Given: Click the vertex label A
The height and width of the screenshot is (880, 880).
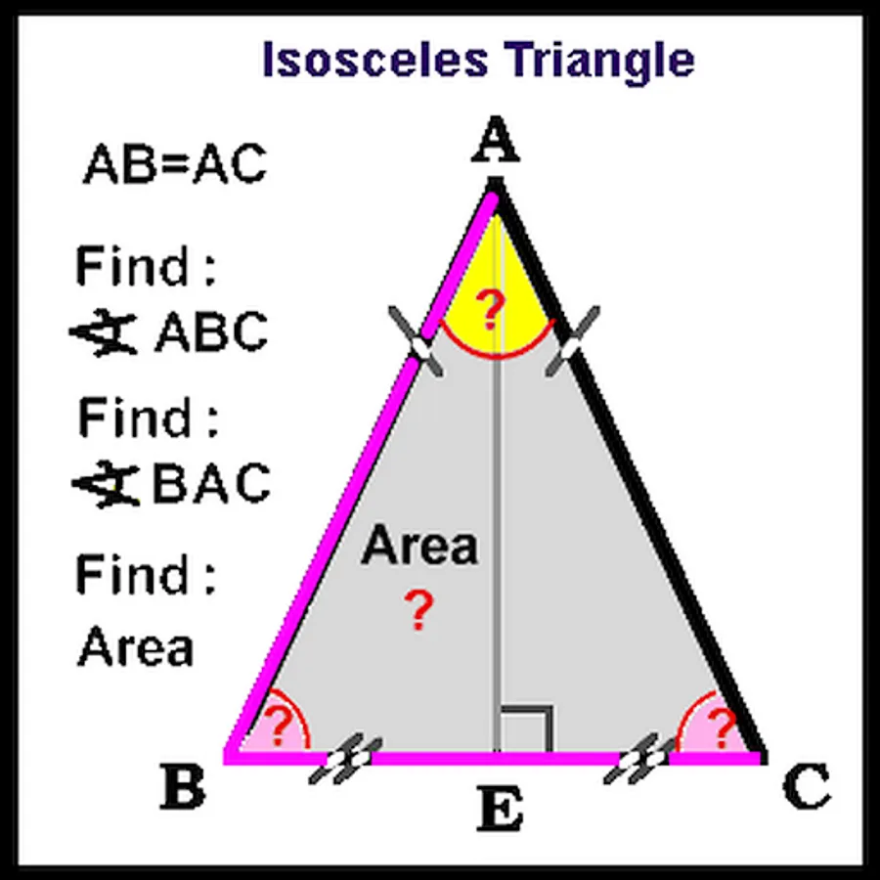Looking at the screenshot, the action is coord(496,139).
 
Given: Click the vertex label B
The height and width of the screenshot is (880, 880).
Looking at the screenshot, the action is coord(183,786).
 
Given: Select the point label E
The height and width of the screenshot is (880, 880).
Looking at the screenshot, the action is coord(500,809).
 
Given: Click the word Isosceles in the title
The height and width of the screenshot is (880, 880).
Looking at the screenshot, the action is coord(374,59).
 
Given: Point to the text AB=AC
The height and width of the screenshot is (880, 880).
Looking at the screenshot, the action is coord(175,163).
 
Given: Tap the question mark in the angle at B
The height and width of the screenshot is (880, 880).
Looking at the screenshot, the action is coord(279,726).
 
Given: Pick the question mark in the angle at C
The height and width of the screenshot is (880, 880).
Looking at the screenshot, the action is coord(723,727).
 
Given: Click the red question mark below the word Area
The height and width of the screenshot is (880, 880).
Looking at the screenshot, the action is coord(419,609).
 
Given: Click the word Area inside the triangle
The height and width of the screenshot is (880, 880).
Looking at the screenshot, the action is coord(419,545).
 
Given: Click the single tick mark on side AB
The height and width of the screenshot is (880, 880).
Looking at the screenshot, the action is coord(416,342).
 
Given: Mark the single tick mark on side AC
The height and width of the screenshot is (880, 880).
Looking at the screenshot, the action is coord(573,342).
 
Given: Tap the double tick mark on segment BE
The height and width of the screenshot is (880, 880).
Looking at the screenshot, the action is coord(346,758).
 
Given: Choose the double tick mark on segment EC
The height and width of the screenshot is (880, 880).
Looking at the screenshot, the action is coord(640,758).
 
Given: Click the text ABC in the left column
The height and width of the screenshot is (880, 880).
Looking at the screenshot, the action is coord(211,331).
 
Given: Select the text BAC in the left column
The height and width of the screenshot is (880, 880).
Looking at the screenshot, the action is coord(211,483).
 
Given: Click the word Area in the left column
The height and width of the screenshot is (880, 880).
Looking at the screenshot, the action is coord(135,646).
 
